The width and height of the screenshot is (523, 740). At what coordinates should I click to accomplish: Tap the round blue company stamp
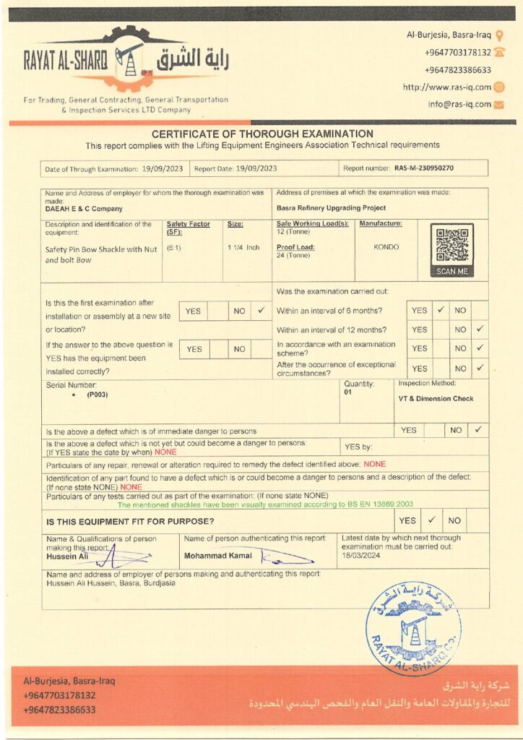click(413, 627)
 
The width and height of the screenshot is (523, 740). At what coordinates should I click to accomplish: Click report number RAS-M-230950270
click(424, 168)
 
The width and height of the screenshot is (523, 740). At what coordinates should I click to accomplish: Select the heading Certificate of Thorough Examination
click(261, 134)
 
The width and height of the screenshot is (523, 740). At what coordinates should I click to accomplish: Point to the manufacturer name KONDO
click(386, 246)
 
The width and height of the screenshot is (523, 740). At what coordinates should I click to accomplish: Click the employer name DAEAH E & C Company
click(84, 208)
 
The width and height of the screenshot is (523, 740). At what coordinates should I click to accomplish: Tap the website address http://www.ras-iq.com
click(447, 87)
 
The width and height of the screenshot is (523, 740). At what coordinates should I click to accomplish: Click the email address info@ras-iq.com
click(459, 104)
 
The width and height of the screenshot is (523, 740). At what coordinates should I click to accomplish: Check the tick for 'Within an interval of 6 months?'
click(440, 310)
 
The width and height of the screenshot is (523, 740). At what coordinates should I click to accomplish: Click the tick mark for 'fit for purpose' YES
click(431, 520)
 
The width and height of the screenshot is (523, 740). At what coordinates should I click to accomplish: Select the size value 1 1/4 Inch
click(243, 247)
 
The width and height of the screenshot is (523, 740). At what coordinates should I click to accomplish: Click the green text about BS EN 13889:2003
click(265, 504)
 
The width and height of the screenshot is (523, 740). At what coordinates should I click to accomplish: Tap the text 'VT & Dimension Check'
click(436, 399)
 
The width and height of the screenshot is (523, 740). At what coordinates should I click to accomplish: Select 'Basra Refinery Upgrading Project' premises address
click(331, 208)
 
